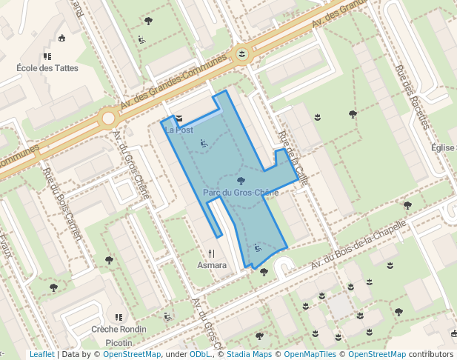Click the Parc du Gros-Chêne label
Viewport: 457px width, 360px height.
point(240,193)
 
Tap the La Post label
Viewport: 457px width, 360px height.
point(179,130)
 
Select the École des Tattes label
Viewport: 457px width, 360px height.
point(47,68)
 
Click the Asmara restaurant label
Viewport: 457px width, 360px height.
point(213,264)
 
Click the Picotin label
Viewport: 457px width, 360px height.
point(119,343)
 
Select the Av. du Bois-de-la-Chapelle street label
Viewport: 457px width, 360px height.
point(359,245)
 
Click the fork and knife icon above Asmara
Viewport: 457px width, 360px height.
point(212,253)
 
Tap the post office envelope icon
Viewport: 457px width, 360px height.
point(179,118)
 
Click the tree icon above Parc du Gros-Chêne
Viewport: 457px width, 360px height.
point(240,181)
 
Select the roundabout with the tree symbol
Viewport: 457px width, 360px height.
point(241,53)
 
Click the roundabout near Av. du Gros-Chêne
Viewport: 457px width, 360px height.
point(108,117)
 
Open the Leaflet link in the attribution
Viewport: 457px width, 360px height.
point(41,354)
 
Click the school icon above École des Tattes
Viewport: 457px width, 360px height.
point(47,56)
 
